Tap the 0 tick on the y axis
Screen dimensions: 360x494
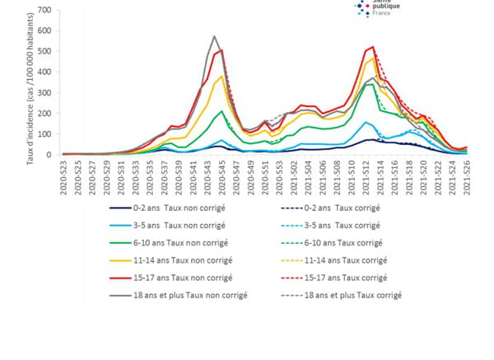[x=49, y=154]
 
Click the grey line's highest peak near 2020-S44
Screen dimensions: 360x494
[x=214, y=36]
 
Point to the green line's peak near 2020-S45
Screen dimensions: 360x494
[x=221, y=111]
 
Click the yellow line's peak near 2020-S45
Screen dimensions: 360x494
[x=221, y=77]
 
